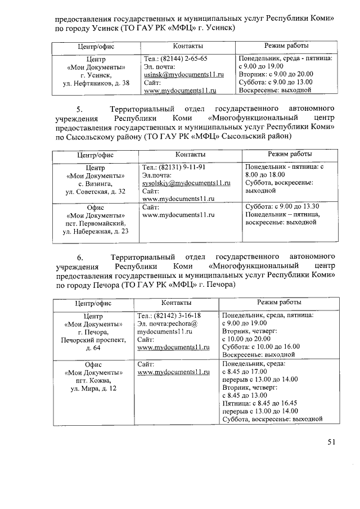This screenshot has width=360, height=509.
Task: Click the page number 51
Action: [331, 442]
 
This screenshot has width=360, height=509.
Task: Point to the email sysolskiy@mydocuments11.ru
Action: [187, 183]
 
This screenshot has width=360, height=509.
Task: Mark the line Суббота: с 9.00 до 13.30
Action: [283, 206]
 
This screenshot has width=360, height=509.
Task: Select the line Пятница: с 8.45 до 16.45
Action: [260, 403]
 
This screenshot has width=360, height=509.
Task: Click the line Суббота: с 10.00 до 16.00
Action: [262, 346]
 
